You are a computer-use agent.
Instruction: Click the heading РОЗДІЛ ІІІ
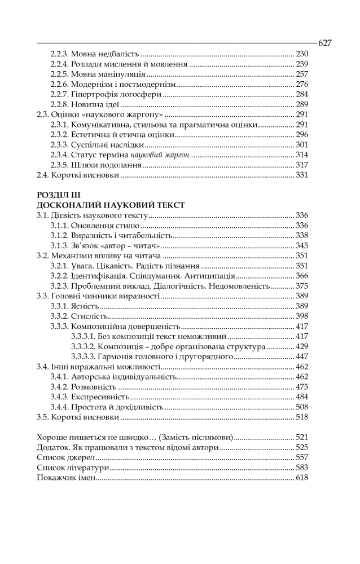click(56, 195)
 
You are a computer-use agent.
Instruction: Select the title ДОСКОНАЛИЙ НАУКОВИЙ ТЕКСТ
click(110, 205)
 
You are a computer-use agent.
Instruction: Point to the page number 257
click(302, 74)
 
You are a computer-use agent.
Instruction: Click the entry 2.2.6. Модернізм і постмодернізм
click(113, 84)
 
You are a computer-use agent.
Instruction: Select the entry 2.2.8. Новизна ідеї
click(85, 104)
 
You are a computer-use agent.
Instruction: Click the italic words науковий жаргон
click(164, 155)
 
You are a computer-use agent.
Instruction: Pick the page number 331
click(302, 175)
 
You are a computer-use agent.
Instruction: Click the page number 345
click(302, 245)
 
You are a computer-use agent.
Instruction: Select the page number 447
click(302, 356)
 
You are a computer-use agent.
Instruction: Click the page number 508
click(302, 407)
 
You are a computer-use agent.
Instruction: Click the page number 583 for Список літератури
click(302, 468)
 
